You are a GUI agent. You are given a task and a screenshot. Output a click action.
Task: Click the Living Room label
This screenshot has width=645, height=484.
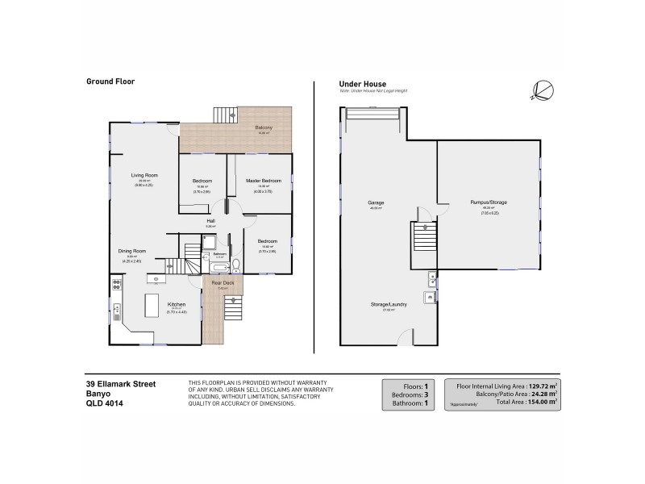pyautogui.click(x=145, y=175)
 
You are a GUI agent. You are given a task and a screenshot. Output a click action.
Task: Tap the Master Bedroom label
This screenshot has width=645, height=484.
pyautogui.click(x=264, y=181)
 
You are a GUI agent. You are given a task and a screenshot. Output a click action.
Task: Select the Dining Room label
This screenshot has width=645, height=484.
pyautogui.click(x=132, y=251)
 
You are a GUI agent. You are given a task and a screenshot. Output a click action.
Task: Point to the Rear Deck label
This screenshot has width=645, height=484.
pyautogui.click(x=222, y=282)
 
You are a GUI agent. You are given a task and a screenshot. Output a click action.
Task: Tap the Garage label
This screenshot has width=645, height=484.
pyautogui.click(x=376, y=202)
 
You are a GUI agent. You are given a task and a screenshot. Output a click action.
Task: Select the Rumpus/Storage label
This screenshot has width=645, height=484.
pyautogui.click(x=488, y=202)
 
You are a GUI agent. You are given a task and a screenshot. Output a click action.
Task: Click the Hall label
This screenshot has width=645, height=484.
pyautogui.click(x=210, y=220)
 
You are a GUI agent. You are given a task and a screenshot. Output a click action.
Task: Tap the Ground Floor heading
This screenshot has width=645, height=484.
pyautogui.click(x=110, y=81)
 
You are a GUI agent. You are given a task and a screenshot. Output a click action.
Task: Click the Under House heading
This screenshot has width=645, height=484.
pyautogui.click(x=362, y=83)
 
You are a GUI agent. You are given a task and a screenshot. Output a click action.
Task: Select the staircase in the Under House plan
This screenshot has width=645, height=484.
pyautogui.click(x=423, y=240)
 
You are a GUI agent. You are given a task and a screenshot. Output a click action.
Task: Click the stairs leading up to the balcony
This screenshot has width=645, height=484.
pyautogui.click(x=225, y=115)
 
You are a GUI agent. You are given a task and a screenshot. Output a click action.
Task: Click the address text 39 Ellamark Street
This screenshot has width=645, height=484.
pyautogui.click(x=122, y=384)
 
